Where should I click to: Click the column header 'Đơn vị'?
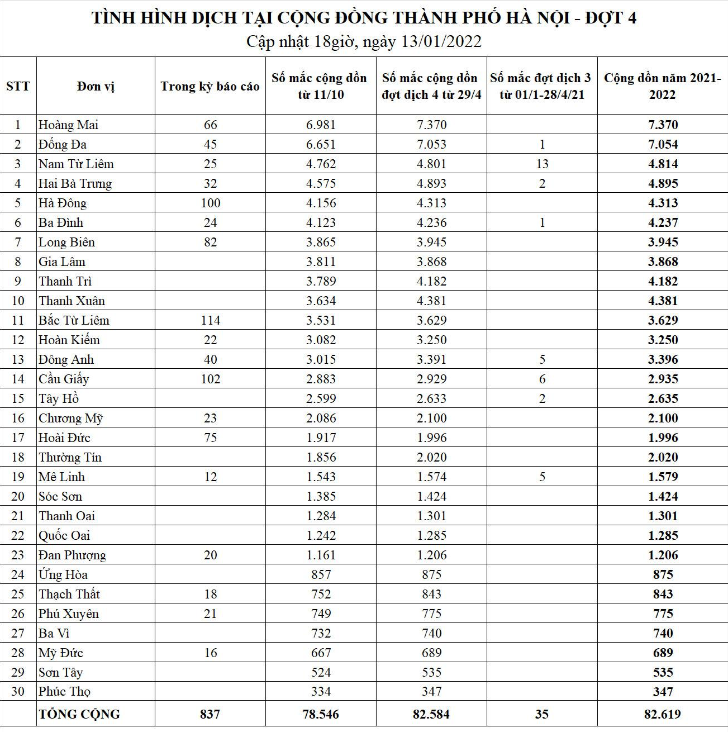96,87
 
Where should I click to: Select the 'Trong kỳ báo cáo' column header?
210,87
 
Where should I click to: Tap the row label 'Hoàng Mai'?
68,125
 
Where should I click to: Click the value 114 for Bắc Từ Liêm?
210,320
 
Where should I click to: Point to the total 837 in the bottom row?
210,714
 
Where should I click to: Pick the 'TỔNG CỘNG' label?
79,714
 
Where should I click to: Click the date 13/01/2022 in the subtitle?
441,42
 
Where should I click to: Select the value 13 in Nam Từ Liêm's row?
542,164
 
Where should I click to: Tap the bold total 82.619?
663,714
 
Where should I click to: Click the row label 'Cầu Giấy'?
64,379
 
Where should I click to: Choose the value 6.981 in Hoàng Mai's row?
321,125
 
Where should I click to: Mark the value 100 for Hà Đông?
210,203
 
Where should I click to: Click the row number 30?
18,691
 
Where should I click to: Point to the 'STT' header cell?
18,87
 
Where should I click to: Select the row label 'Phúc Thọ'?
64,691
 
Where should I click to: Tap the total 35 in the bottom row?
542,714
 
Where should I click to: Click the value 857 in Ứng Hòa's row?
321,574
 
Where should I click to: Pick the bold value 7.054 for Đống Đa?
663,144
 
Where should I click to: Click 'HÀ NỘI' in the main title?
537,18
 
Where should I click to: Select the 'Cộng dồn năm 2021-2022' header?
663,87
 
